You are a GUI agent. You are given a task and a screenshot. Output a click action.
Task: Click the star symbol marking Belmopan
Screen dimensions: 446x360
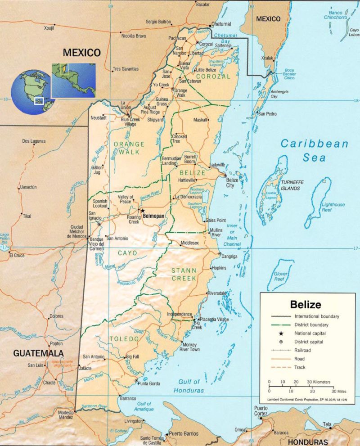[142, 210]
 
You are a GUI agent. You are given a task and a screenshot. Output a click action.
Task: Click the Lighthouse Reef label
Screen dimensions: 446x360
[333, 207]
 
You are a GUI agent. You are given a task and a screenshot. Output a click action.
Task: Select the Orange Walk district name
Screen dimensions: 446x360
[129, 148]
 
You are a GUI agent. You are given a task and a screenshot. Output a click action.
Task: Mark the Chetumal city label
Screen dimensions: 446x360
[221, 24]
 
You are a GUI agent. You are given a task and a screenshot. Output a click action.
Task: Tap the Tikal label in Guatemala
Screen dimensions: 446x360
[27, 216]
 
